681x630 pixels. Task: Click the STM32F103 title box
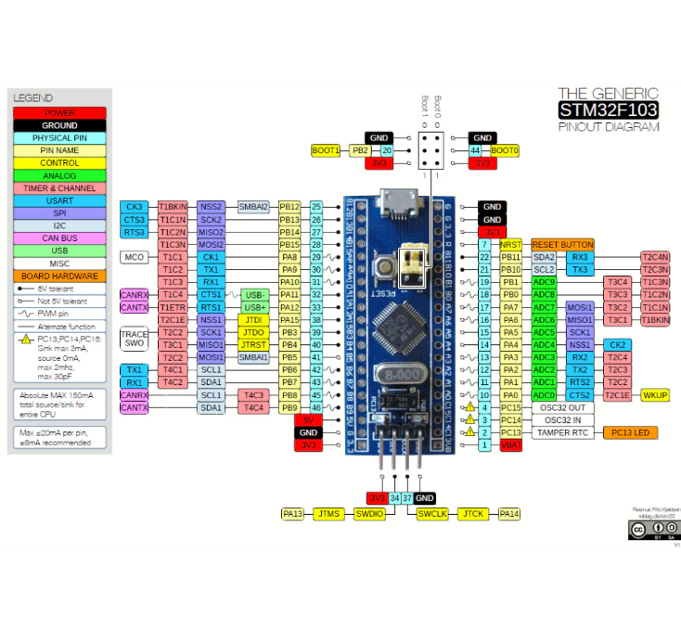(608, 110)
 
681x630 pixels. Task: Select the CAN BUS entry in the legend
(59, 238)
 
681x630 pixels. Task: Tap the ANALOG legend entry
(59, 174)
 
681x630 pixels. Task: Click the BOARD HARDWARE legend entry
(59, 276)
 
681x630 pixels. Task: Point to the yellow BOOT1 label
(326, 150)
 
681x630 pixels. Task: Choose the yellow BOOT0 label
(505, 150)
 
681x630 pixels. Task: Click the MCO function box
(135, 257)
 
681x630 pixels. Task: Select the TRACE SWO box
(135, 339)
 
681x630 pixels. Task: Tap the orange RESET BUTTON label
(561, 244)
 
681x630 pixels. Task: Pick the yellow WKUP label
(655, 395)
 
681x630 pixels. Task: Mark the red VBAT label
(510, 445)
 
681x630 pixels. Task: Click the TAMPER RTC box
(563, 432)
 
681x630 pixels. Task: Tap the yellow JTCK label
(473, 513)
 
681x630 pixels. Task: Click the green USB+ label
(256, 307)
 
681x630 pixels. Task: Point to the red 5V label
(309, 420)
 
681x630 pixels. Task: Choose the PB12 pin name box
(290, 207)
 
